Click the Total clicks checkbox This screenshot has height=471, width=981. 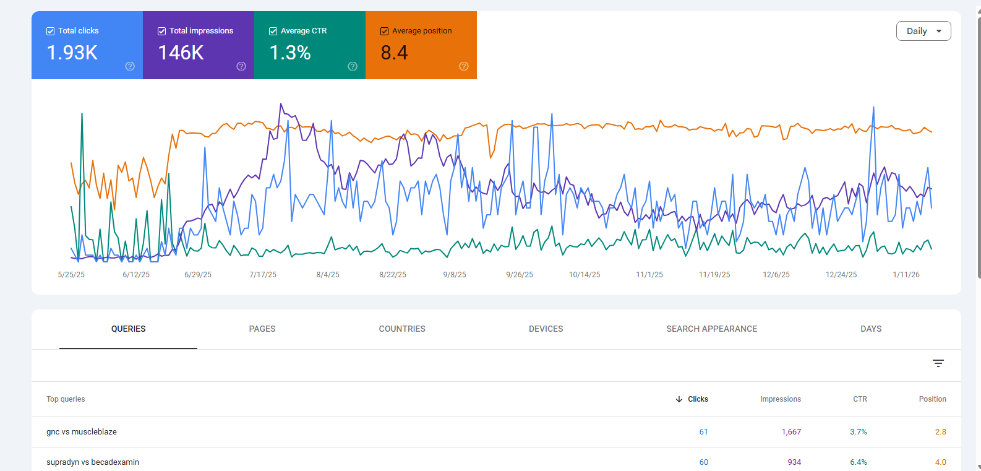(x=51, y=31)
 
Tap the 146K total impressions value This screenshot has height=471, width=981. (x=181, y=53)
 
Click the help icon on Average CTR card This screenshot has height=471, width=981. (x=353, y=66)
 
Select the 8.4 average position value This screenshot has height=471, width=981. (x=394, y=53)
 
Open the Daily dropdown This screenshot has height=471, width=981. (x=923, y=31)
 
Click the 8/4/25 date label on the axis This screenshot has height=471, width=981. (x=328, y=275)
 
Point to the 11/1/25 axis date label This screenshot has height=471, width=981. (x=649, y=275)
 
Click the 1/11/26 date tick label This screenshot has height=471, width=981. (x=906, y=275)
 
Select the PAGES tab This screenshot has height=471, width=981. (x=262, y=329)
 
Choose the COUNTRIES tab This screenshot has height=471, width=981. (x=402, y=329)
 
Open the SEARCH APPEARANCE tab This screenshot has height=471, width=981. (x=711, y=329)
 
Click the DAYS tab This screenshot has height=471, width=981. (x=871, y=329)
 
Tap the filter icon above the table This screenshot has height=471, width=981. (x=938, y=363)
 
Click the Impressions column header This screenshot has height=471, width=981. (x=780, y=399)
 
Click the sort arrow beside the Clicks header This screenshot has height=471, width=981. (x=679, y=399)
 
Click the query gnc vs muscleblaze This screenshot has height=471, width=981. (x=82, y=432)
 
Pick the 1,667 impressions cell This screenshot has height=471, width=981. (x=790, y=432)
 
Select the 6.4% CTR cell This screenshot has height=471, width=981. (x=858, y=462)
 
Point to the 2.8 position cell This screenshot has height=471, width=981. (x=940, y=432)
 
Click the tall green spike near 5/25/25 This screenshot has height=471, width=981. (x=82, y=118)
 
